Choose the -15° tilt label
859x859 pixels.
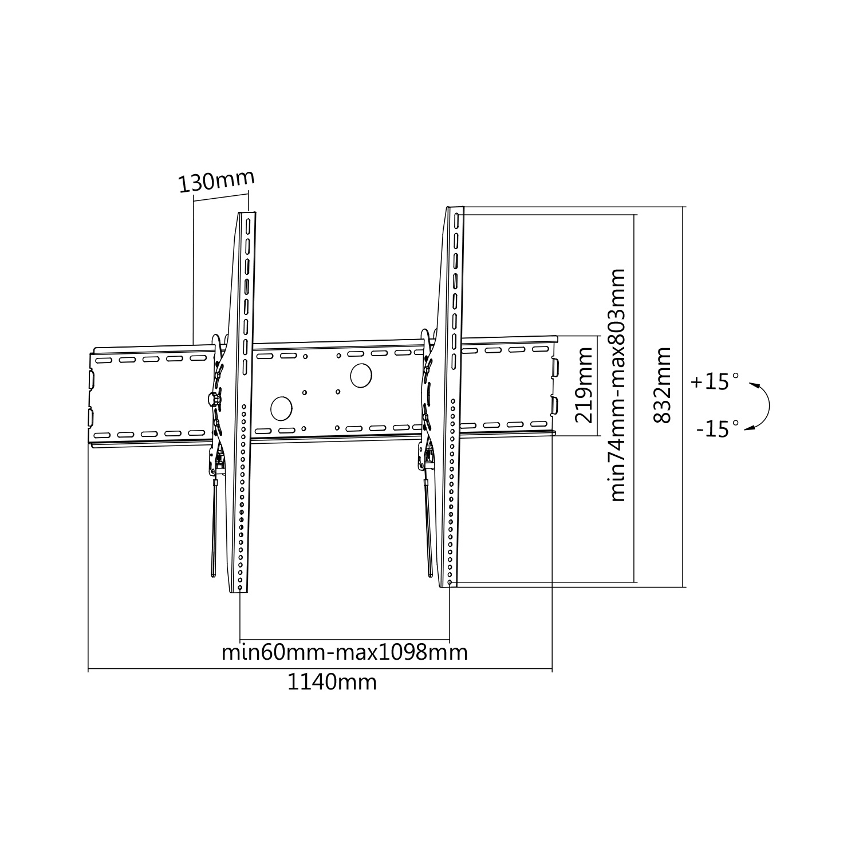pyautogui.click(x=718, y=428)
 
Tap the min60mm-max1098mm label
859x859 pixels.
pyautogui.click(x=345, y=652)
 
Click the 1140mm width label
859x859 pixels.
pyautogui.click(x=332, y=682)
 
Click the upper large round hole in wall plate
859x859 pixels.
pyautogui.click(x=361, y=375)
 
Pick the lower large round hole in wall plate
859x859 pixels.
pyautogui.click(x=281, y=408)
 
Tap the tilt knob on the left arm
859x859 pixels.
pyautogui.click(x=214, y=397)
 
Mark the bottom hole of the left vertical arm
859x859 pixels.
pyautogui.click(x=239, y=588)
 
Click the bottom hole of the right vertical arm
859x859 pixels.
pyautogui.click(x=450, y=582)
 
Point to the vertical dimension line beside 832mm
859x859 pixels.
pyautogui.click(x=684, y=396)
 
